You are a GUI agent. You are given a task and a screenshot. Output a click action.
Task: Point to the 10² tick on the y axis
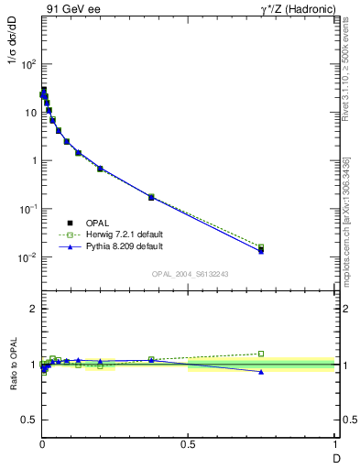tap(28, 64)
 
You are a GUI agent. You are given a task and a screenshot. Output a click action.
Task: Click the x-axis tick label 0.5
tap(189, 444)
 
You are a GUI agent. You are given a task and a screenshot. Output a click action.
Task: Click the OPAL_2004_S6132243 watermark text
tap(189, 274)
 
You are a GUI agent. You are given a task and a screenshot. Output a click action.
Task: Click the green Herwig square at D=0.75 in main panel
tap(261, 246)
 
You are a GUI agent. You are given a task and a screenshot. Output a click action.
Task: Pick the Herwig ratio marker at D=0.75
tap(261, 354)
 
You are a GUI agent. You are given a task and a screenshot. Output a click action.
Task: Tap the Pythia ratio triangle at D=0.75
tap(261, 371)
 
